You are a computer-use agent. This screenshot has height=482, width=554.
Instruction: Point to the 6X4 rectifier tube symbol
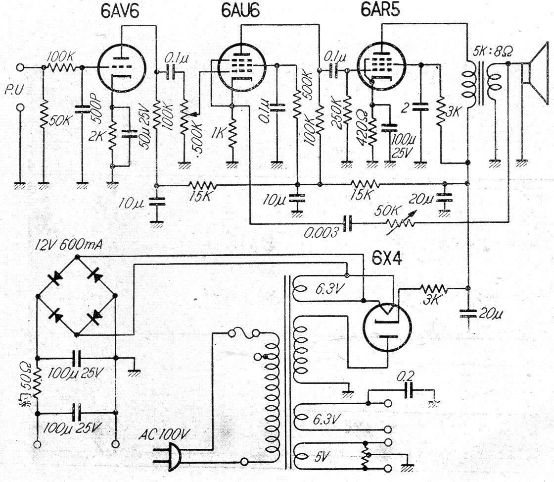387,327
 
